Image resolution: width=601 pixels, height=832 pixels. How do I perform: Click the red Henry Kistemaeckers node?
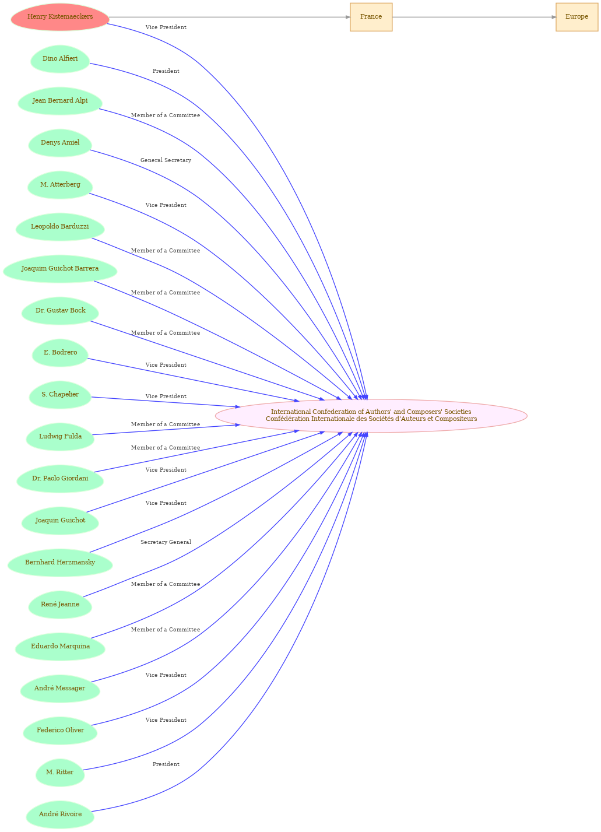[x=60, y=17]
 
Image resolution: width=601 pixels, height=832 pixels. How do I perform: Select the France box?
[x=371, y=17]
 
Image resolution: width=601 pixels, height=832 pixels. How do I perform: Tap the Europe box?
[x=577, y=17]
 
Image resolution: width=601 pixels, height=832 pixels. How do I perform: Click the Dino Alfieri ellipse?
[x=60, y=59]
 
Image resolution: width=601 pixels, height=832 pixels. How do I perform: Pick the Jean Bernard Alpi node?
[x=60, y=101]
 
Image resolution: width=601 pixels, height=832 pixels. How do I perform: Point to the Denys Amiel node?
[x=60, y=143]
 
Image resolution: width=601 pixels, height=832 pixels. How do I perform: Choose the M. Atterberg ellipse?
[x=60, y=185]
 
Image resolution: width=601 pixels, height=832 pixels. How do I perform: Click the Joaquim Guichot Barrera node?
[x=60, y=269]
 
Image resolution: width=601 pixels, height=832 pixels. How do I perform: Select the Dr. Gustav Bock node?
[x=60, y=311]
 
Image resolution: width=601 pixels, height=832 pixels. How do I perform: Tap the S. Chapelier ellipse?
[x=60, y=395]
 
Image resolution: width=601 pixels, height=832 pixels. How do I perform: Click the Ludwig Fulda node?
[x=60, y=437]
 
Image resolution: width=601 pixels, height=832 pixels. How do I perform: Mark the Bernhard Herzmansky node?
[x=60, y=563]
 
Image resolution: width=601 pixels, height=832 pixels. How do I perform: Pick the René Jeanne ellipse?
[x=60, y=605]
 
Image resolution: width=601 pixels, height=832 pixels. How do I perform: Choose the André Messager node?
[x=60, y=689]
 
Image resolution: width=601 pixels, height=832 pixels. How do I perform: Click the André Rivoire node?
[x=60, y=815]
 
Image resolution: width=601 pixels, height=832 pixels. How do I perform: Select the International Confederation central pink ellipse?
[x=371, y=416]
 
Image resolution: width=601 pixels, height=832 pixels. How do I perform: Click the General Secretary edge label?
[x=166, y=160]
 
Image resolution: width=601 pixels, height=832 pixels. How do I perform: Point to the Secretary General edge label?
[x=166, y=542]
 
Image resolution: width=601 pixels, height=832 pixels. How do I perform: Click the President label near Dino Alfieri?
[x=166, y=71]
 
